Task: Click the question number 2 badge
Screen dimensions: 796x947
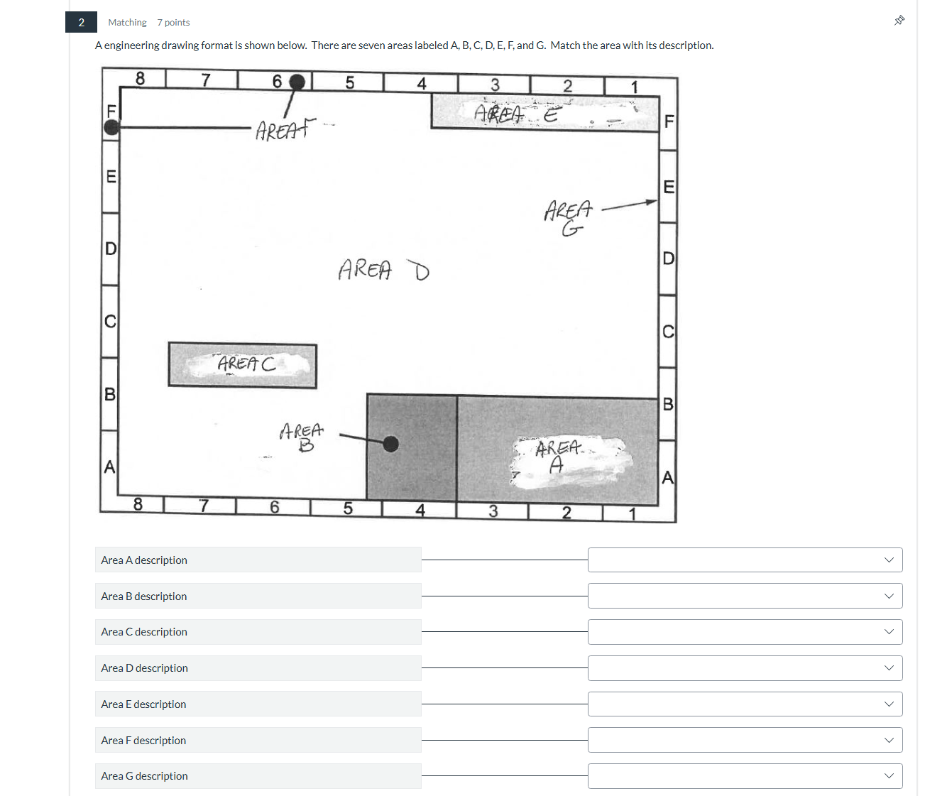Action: coord(81,22)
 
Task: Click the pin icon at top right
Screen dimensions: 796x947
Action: coord(899,21)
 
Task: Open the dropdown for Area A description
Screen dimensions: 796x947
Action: coord(745,560)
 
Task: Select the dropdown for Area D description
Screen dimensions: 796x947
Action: coord(745,667)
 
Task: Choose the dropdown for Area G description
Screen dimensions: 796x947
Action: coord(745,775)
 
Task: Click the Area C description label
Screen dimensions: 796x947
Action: coord(144,632)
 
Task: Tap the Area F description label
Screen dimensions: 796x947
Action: coord(143,740)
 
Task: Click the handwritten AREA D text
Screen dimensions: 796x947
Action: coord(383,270)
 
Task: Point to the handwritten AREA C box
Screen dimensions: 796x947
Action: coord(243,366)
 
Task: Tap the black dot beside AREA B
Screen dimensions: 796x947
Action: coord(390,444)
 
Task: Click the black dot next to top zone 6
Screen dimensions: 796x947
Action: coord(297,82)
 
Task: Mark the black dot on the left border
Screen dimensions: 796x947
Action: coord(111,127)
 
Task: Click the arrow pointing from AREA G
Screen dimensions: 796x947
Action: coord(629,205)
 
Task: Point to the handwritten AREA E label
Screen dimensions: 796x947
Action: coord(516,114)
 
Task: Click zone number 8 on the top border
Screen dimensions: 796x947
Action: coord(140,79)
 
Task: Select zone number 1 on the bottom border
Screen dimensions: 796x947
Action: coord(632,513)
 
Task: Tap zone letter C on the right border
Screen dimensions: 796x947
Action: coord(667,332)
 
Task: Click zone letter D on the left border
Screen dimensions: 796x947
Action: coord(111,249)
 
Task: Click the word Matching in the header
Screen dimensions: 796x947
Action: coord(127,23)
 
